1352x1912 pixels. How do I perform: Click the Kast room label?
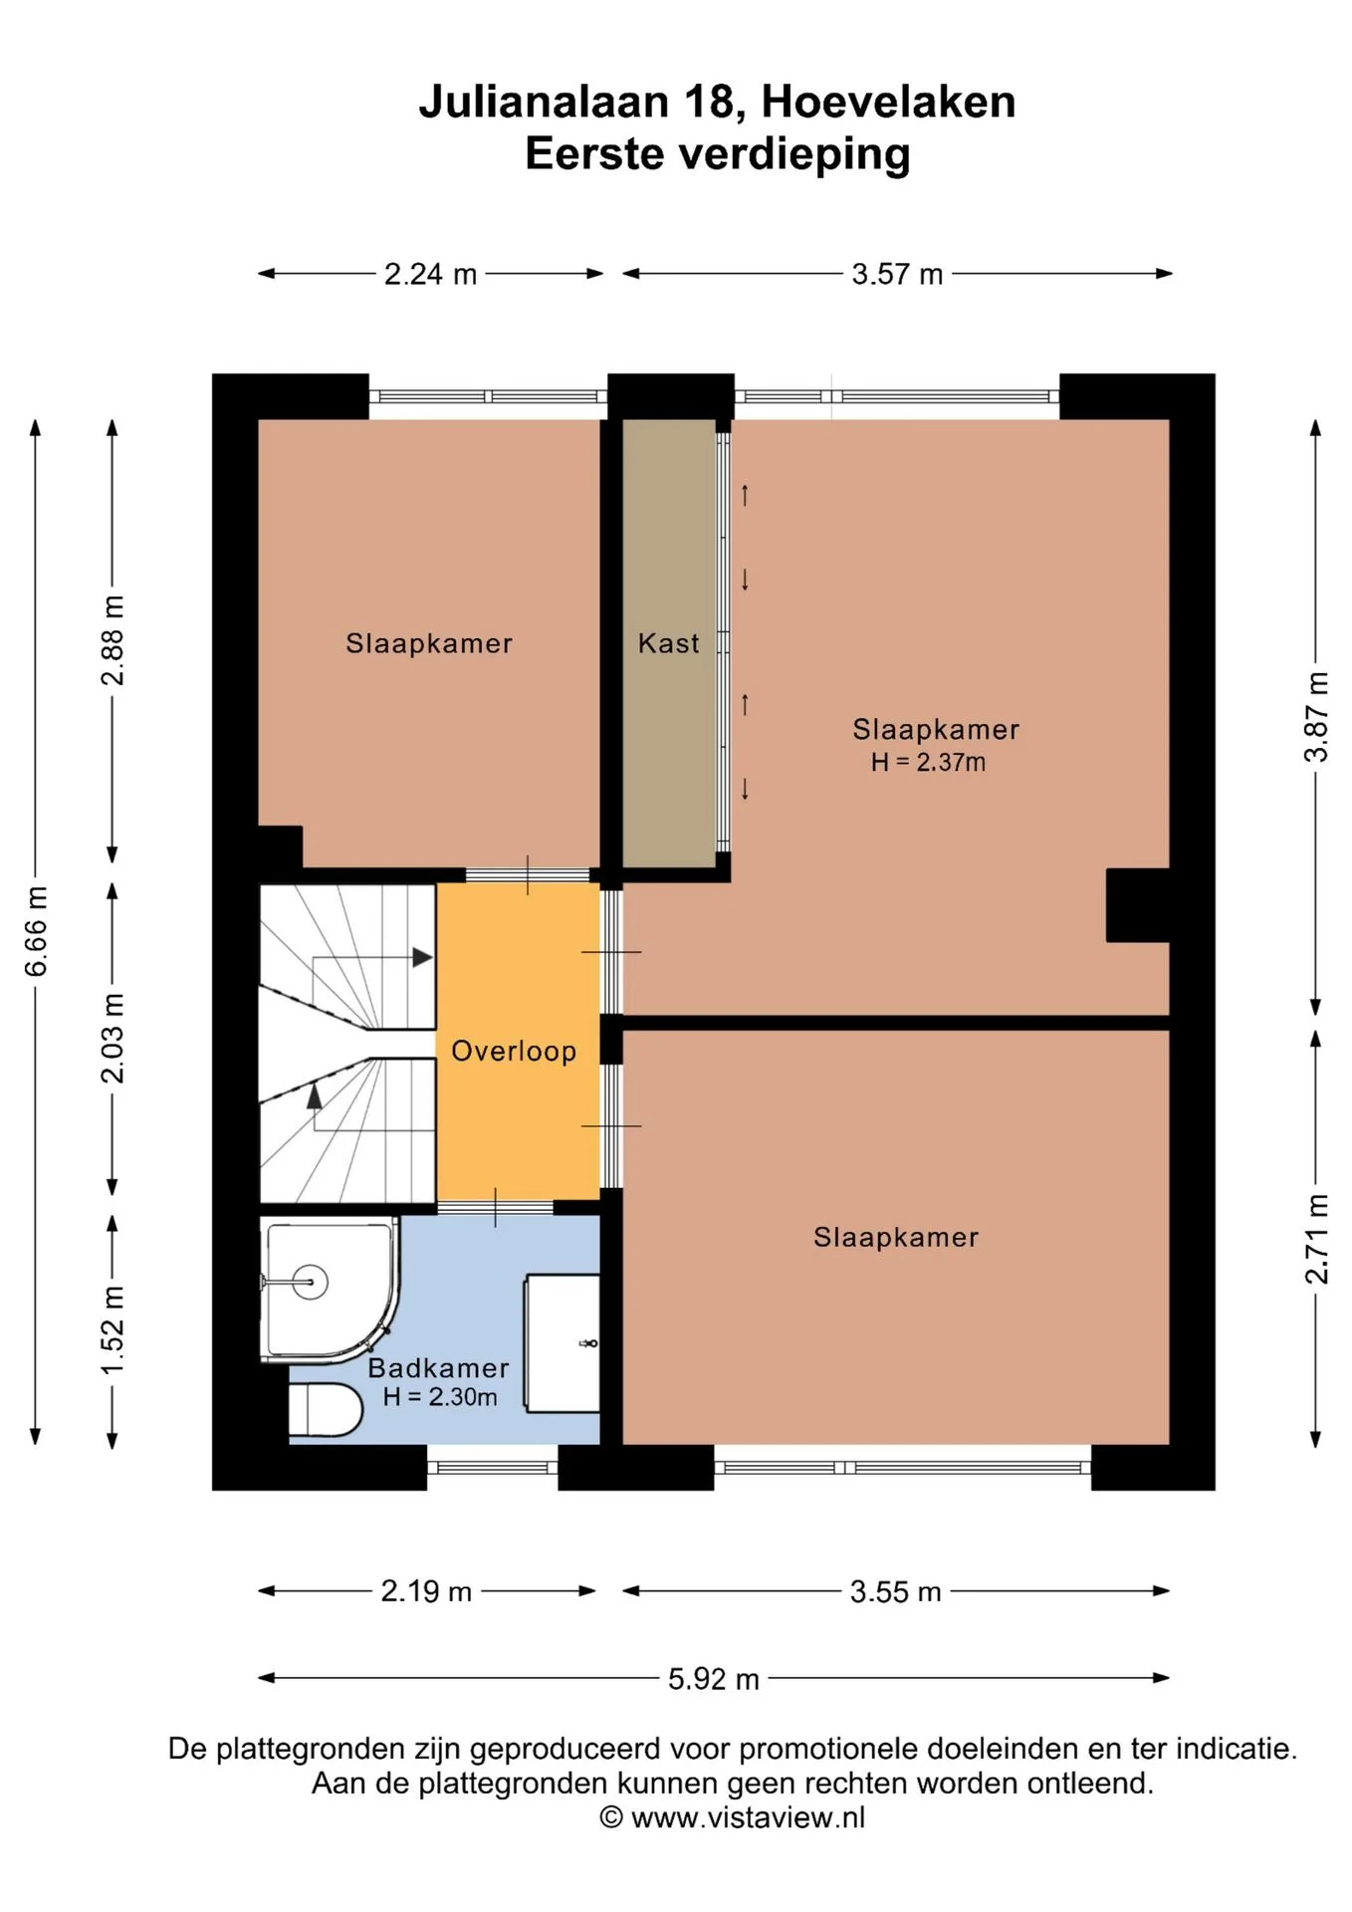[x=668, y=643]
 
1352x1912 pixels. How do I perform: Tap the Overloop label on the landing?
[x=514, y=1052]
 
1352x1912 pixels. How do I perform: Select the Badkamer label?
[x=438, y=1367]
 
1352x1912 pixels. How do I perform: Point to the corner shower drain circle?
[x=309, y=1282]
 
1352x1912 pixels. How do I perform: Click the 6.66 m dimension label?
[x=36, y=930]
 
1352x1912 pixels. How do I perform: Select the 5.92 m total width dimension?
[x=713, y=1679]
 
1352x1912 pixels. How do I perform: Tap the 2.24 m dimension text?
[x=430, y=274]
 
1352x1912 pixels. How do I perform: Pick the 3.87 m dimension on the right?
[x=1316, y=717]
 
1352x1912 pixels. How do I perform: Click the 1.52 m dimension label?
[x=113, y=1330]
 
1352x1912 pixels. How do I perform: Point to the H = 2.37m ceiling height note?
[x=928, y=763]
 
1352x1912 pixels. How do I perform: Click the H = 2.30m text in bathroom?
[x=440, y=1397]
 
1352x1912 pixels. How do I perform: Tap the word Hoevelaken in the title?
[x=888, y=102]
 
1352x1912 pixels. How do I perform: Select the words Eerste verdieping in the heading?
[x=717, y=154]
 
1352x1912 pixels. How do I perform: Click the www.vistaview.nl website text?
[x=748, y=1817]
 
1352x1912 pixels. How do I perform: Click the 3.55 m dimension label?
[x=895, y=1592]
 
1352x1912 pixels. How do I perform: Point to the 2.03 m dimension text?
[x=113, y=1038]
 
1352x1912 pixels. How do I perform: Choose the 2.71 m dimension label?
[x=1316, y=1239]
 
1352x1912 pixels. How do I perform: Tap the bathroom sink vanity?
[x=563, y=1342]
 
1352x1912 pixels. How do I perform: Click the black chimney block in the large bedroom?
[x=1137, y=905]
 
